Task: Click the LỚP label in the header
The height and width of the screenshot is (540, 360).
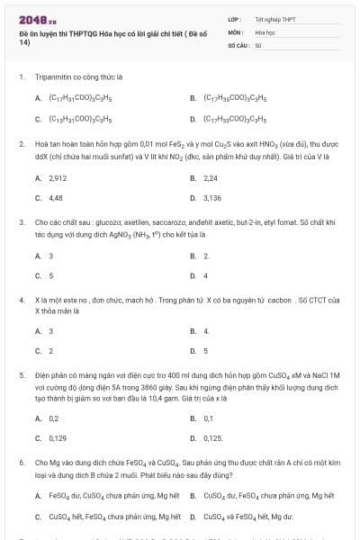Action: [233, 18]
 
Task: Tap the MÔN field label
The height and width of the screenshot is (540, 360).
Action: [234, 31]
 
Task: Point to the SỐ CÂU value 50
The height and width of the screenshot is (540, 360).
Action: [258, 43]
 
